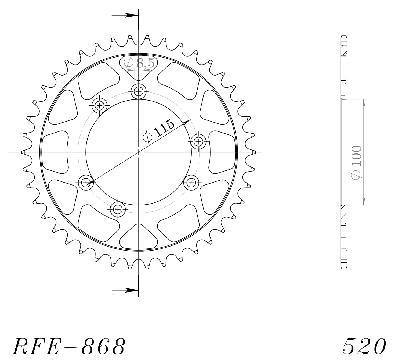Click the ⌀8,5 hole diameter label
point(140,63)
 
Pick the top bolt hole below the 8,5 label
point(139,92)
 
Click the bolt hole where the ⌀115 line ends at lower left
point(86,183)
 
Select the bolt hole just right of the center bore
point(198,141)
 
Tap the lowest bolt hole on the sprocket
point(118,209)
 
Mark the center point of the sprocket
point(139,152)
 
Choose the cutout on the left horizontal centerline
point(55,152)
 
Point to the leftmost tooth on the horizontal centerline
point(23,152)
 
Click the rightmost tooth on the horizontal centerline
point(254,152)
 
